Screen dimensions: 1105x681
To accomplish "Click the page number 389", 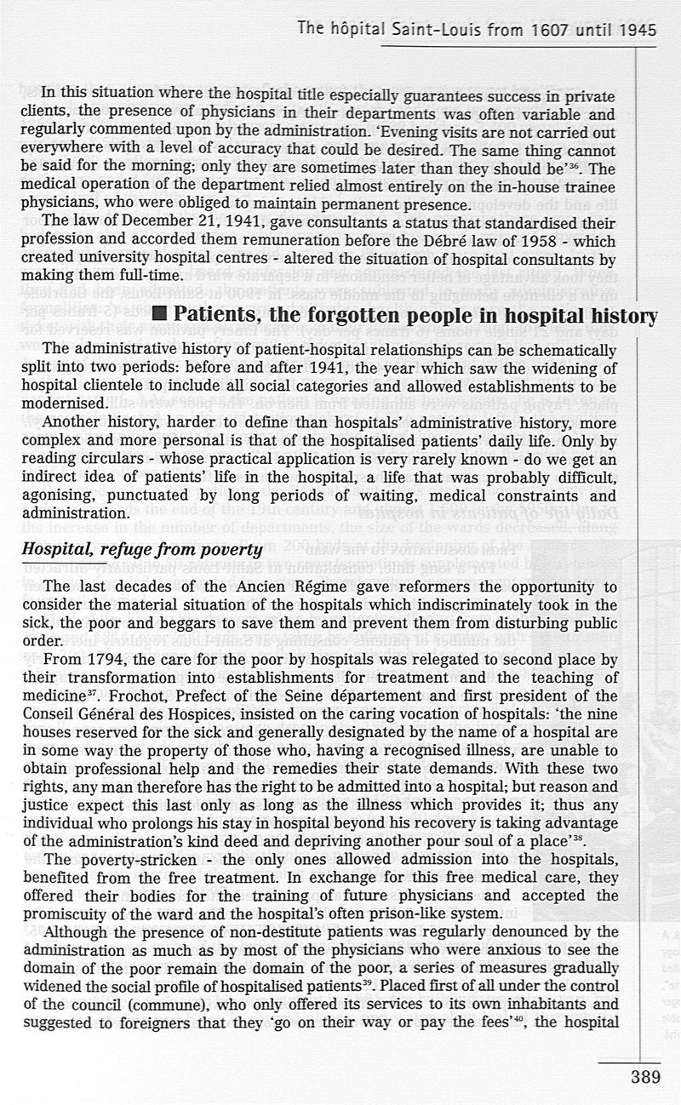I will [645, 1077].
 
